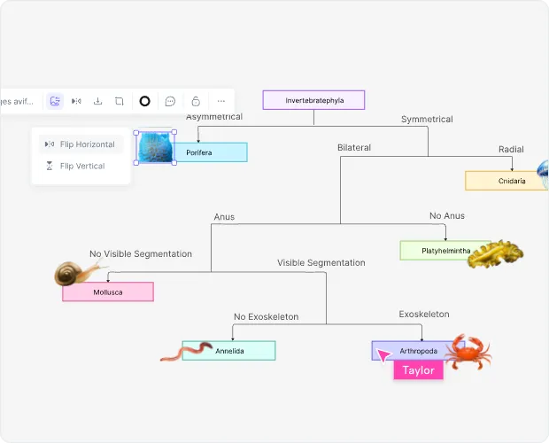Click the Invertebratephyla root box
tap(313, 100)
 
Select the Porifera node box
tap(211, 152)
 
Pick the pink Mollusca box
tap(108, 291)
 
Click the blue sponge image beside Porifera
tap(155, 147)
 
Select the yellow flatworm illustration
tap(495, 253)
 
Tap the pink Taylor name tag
tap(418, 370)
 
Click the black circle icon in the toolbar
tap(144, 101)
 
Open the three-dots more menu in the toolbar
tap(221, 101)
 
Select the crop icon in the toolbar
tap(119, 101)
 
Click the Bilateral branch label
tap(354, 147)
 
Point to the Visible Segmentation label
tap(321, 262)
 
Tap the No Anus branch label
tap(446, 215)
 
